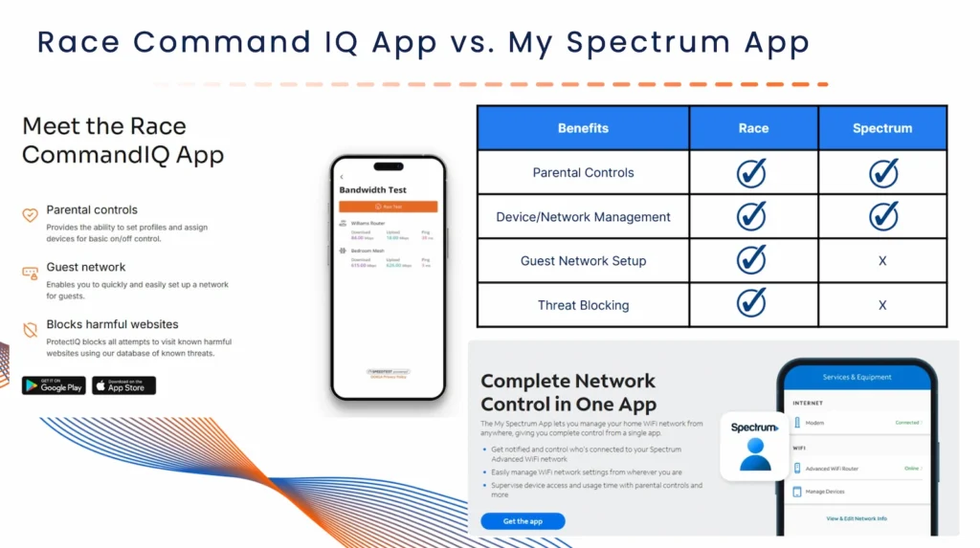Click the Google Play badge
point(55,385)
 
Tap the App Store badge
point(123,385)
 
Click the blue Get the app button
point(523,521)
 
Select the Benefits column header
point(583,128)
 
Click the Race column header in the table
point(753,128)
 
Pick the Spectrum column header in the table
point(881,128)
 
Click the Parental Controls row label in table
point(583,173)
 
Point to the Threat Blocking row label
point(583,305)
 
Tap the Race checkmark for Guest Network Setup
point(752,260)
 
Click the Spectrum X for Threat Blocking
point(882,305)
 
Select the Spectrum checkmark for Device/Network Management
point(883,216)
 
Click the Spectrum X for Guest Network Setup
point(882,261)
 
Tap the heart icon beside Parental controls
point(30,215)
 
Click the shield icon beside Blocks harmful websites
point(30,330)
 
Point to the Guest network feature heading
point(86,267)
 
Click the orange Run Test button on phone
point(388,207)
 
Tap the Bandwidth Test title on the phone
point(372,190)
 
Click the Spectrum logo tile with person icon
point(754,446)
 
